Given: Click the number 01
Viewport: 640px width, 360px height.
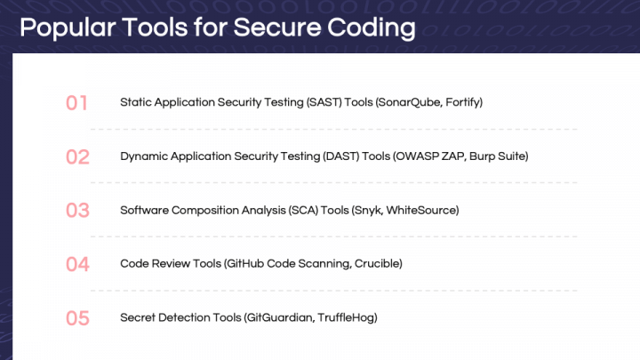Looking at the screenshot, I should pyautogui.click(x=77, y=103).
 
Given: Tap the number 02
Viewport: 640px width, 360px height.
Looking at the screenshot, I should pyautogui.click(x=77, y=157).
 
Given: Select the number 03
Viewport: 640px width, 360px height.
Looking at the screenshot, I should pyautogui.click(x=77, y=211).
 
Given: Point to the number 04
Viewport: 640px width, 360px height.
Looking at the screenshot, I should pyautogui.click(x=77, y=264).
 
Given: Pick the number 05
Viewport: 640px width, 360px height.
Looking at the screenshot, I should pyautogui.click(x=77, y=317).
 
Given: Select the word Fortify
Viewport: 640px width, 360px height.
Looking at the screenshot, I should pyautogui.click(x=461, y=102).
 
